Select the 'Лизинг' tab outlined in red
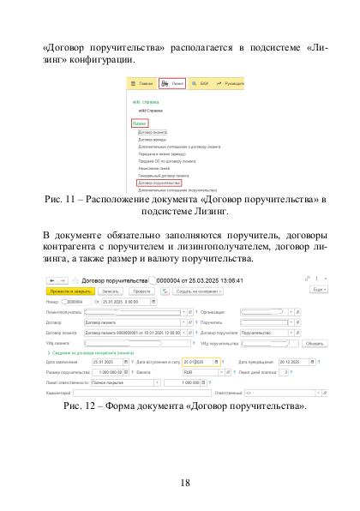tap(171, 84)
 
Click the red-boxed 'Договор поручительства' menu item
tap(158, 183)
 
